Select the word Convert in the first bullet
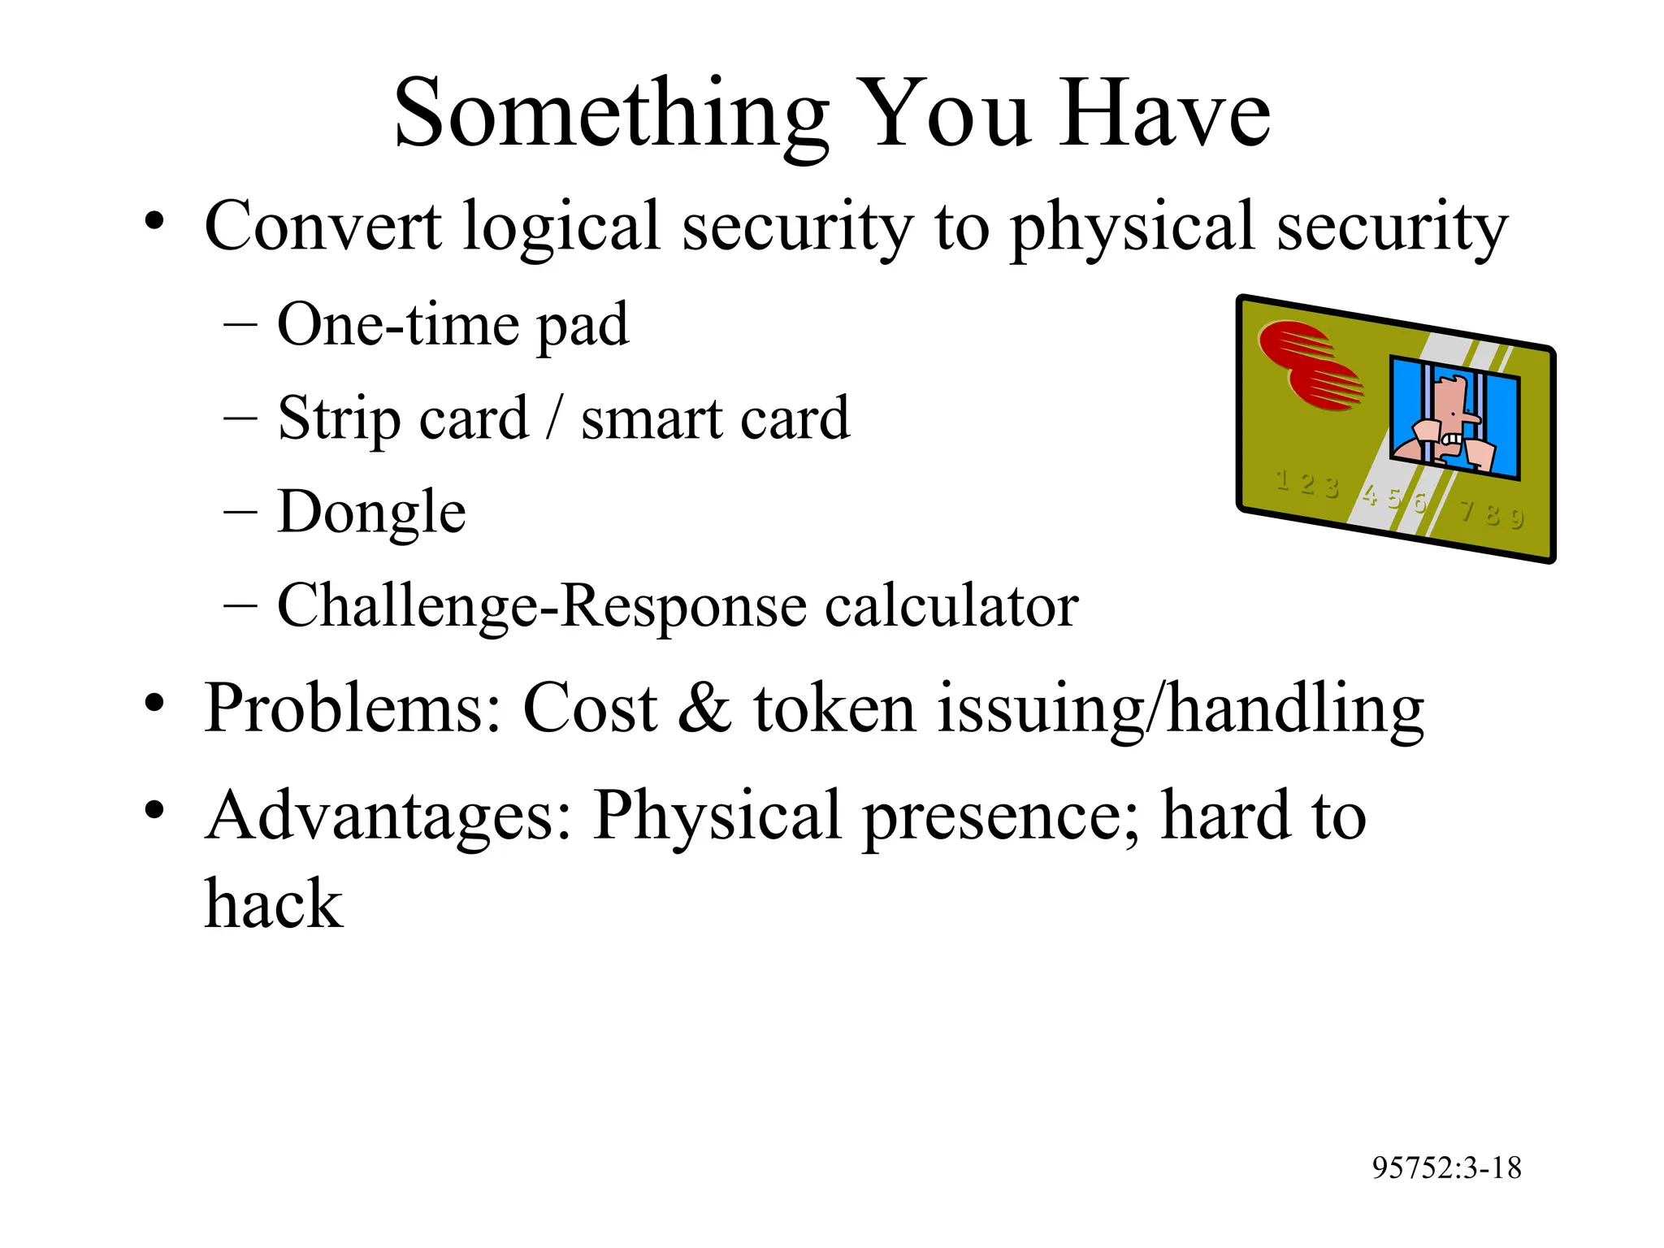click(x=323, y=226)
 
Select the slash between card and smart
click(x=554, y=418)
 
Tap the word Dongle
click(x=371, y=512)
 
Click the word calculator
click(x=951, y=606)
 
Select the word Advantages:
click(x=388, y=816)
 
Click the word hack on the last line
click(x=273, y=903)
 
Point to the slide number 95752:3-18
click(x=1446, y=1168)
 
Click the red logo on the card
click(x=1310, y=366)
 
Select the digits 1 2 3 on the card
click(x=1306, y=483)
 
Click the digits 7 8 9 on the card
click(x=1492, y=513)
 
